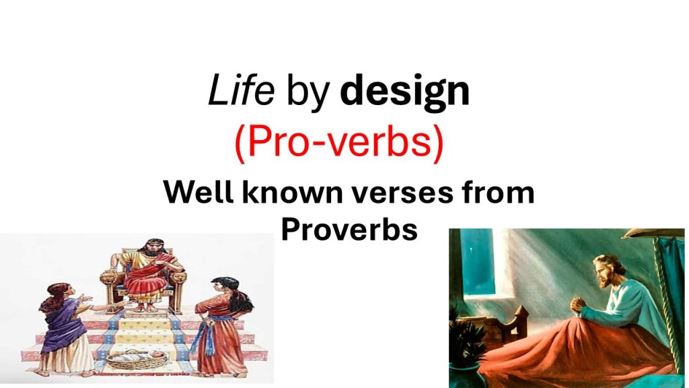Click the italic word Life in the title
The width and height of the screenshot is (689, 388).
tap(242, 90)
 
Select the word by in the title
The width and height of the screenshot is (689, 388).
tap(308, 93)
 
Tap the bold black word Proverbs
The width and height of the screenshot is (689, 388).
tap(349, 229)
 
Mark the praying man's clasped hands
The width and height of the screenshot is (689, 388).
tap(579, 305)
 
